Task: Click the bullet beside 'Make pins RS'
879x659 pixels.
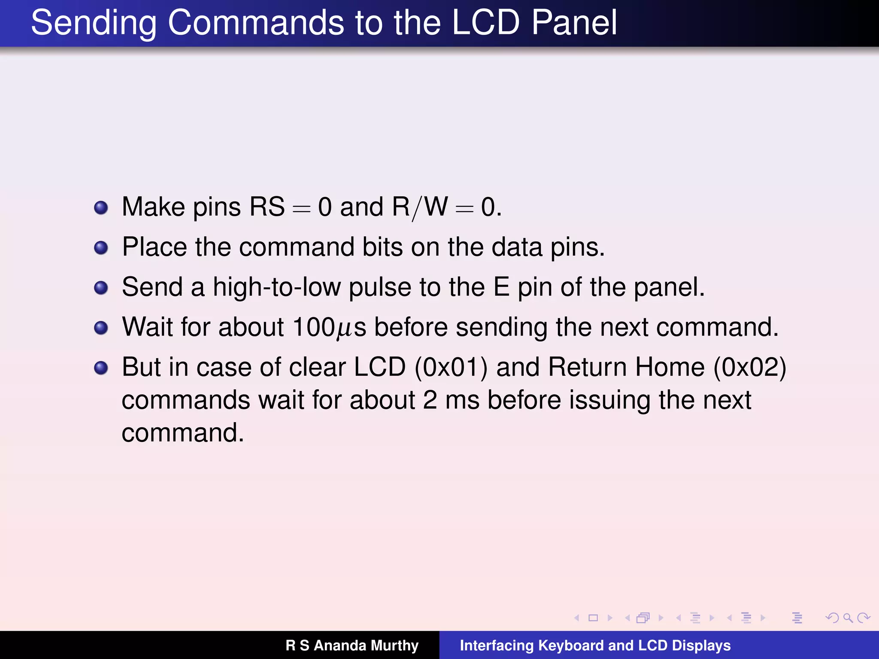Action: [101, 208]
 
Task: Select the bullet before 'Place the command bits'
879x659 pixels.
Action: [101, 248]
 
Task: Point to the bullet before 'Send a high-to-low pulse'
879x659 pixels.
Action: [101, 288]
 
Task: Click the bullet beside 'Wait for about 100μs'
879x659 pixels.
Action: [101, 328]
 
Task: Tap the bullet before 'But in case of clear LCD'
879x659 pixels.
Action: [101, 368]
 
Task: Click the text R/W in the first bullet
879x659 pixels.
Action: [420, 207]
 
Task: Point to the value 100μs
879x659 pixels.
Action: [329, 328]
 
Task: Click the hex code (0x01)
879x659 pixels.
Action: [451, 367]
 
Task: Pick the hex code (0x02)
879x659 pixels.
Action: [749, 367]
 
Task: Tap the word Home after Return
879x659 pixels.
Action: [670, 367]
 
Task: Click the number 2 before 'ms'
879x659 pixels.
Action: [430, 400]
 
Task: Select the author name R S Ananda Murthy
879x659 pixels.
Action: [352, 645]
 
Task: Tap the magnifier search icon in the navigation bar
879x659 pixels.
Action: [848, 618]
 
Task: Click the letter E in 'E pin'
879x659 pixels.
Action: [501, 287]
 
